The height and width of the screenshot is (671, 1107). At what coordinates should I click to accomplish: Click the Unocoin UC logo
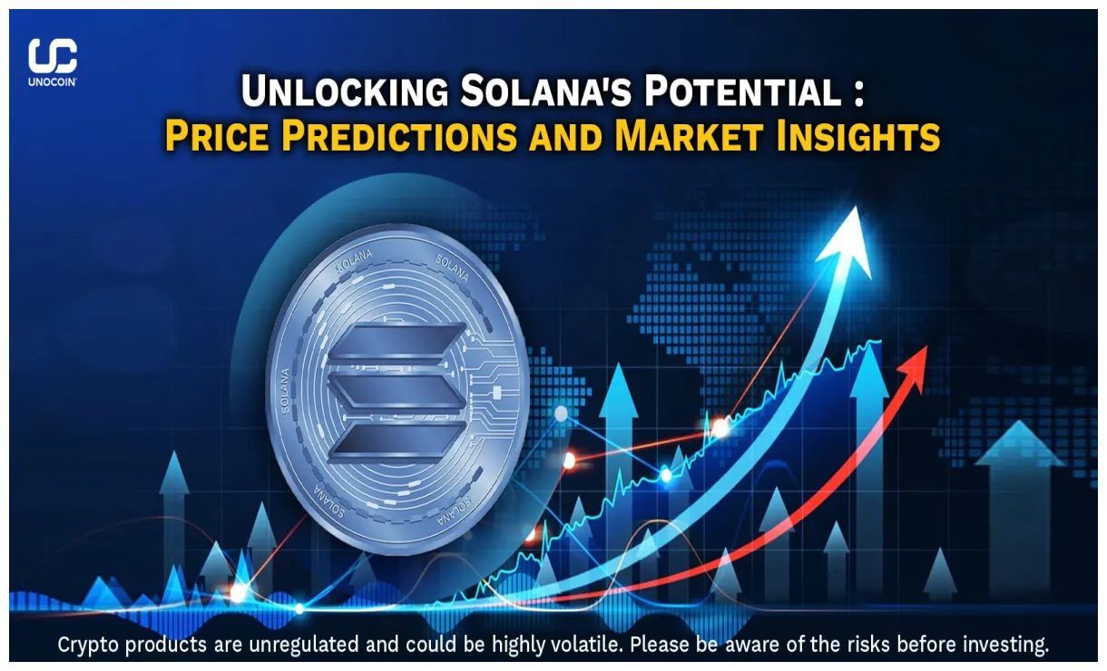click(x=53, y=56)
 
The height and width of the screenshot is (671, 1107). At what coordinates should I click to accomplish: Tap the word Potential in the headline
click(x=746, y=92)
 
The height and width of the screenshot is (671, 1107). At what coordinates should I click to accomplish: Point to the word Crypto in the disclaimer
click(x=89, y=645)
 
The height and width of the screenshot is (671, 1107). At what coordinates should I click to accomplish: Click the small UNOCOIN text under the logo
click(x=53, y=82)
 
